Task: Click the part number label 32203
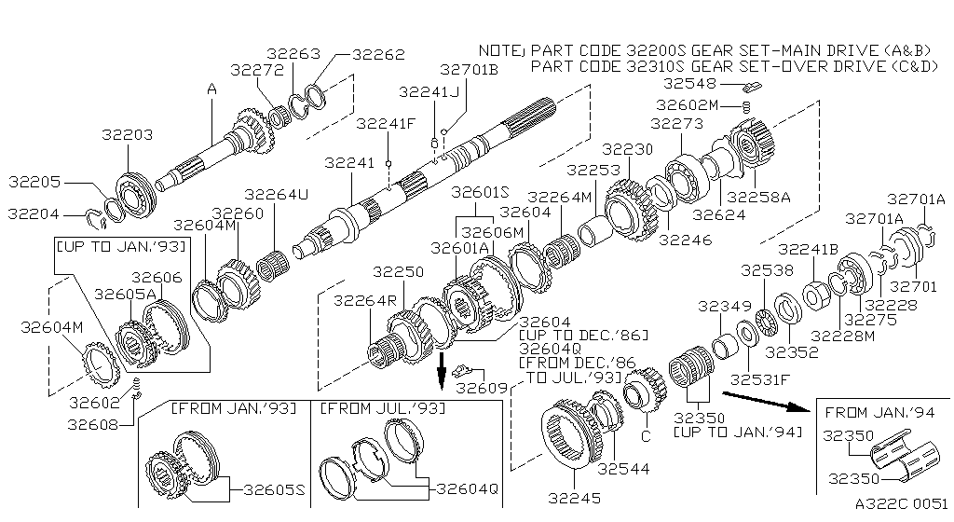(x=126, y=136)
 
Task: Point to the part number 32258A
(x=757, y=197)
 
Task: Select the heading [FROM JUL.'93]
(x=382, y=408)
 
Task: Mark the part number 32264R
(x=358, y=300)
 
